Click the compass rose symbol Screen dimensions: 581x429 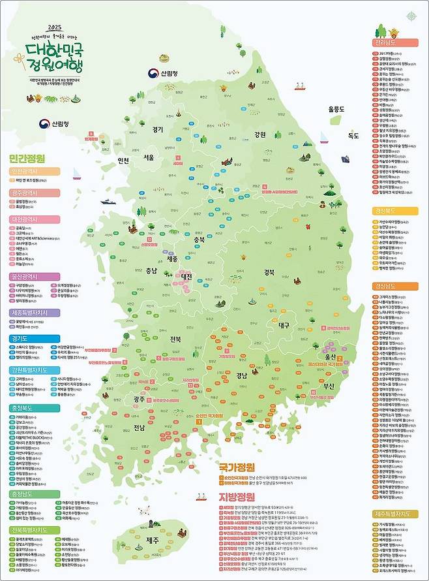410,16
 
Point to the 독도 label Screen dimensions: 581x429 353,136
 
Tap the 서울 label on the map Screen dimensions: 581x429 149,157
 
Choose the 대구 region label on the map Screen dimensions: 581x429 283,324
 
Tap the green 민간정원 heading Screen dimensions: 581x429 27,158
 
